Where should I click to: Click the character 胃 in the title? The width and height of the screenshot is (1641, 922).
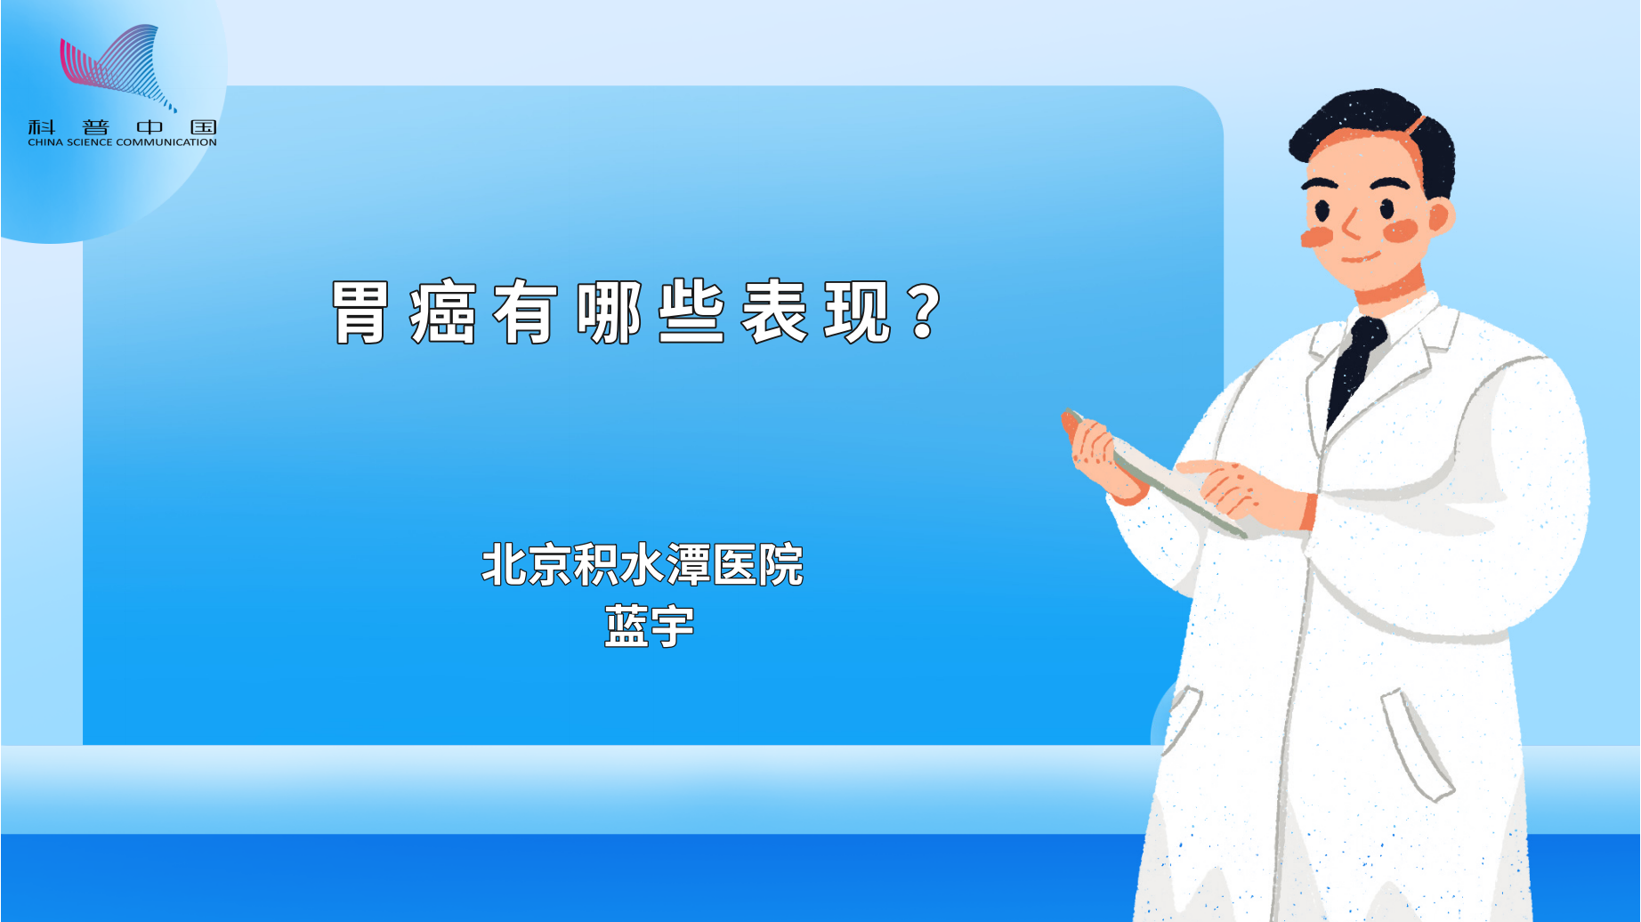point(360,312)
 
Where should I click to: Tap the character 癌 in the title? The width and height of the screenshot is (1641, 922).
point(443,312)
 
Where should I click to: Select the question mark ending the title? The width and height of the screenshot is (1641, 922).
point(926,312)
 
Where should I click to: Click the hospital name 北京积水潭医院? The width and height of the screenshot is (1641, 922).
point(643,565)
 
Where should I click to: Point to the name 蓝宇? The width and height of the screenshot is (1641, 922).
point(649,626)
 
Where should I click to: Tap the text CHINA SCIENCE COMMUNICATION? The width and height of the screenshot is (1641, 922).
point(122,142)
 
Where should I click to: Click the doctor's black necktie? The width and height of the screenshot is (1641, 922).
point(1354,365)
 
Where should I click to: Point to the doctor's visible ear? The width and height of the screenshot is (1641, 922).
point(1439,216)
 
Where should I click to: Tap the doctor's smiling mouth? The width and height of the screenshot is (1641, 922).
point(1360,258)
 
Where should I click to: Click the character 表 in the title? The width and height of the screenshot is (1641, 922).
point(774,312)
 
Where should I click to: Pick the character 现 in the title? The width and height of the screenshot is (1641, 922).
point(857,312)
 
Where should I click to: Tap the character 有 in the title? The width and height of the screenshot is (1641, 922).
point(526,312)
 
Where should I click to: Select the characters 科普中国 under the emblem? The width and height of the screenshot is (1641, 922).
point(122,127)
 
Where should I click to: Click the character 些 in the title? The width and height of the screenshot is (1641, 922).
point(691,312)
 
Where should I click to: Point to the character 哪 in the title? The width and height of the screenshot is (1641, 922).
point(609,312)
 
